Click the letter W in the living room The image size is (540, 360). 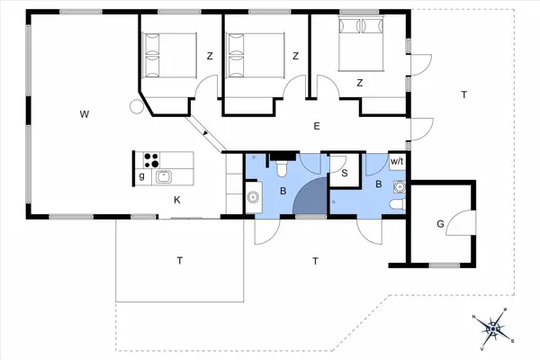click(84, 113)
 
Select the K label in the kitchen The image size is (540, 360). click(177, 200)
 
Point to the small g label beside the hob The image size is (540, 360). click(141, 176)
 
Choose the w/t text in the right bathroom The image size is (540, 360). click(396, 161)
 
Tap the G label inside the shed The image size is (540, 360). click(440, 222)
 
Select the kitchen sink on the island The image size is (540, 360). click(165, 176)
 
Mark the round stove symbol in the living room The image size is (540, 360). click(136, 107)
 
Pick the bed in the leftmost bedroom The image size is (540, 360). click(168, 55)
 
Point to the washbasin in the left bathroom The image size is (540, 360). click(253, 196)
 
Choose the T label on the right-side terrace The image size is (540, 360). click(463, 94)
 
